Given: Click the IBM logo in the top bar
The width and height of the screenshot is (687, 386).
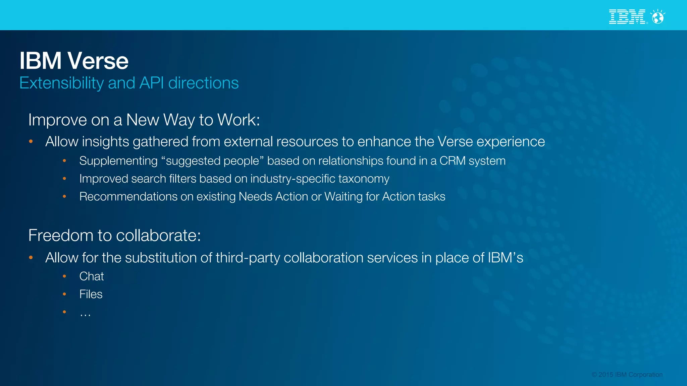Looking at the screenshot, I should pos(627,17).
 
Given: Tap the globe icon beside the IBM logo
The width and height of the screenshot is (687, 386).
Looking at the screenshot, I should pos(658,17).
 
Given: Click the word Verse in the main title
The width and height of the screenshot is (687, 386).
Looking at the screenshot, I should pos(98,61).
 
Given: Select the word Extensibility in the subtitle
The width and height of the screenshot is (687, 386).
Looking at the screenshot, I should pos(61,83).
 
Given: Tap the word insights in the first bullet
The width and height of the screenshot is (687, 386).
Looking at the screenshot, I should pos(106,142).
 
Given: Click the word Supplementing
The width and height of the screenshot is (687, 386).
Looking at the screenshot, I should pos(118,161).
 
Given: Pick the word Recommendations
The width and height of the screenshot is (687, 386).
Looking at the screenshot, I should pos(128,197).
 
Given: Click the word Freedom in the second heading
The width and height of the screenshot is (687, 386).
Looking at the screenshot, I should pos(61,236).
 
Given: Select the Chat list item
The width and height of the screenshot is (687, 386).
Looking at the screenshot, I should pos(92,276).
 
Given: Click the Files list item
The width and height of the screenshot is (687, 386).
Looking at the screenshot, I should pos(91,294).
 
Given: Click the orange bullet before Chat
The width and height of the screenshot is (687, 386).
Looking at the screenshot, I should pos(64,276).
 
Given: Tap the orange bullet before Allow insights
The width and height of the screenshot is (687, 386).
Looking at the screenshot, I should pos(31,142).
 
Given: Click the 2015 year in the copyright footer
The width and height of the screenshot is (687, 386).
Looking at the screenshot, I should pos(606,375).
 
